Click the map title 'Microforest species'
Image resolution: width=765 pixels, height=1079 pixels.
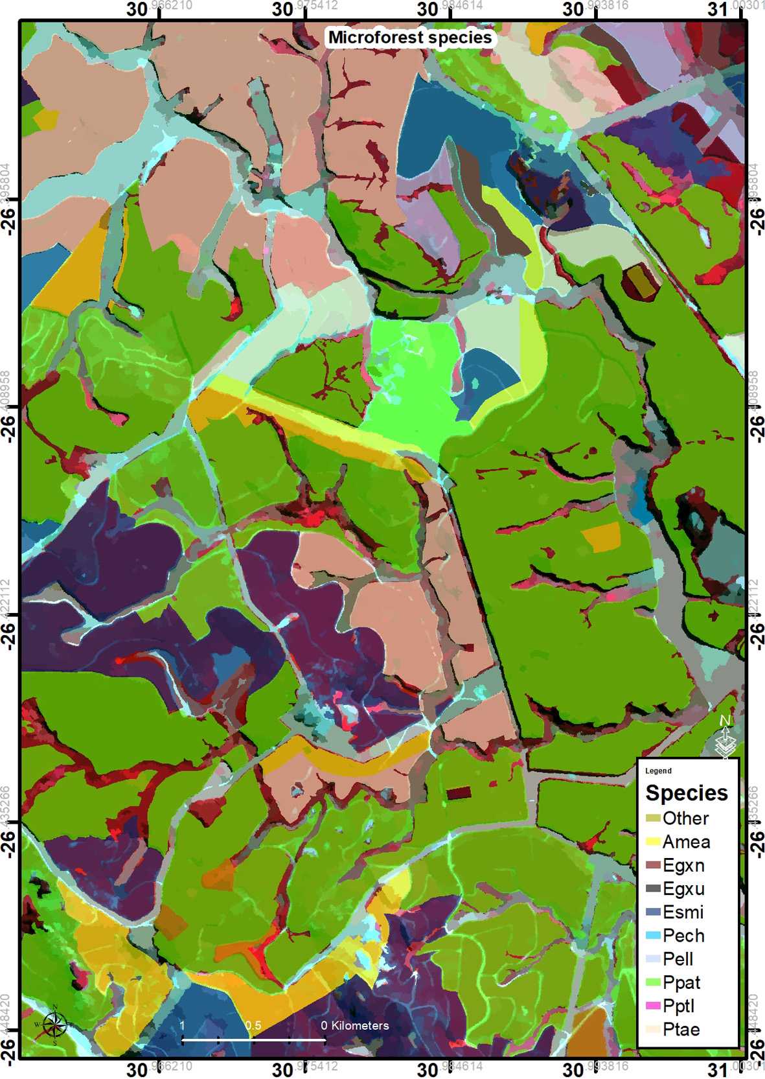tap(409, 38)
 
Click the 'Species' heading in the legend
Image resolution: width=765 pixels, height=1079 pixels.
tap(687, 793)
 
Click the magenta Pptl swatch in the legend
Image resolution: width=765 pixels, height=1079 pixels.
tap(653, 1006)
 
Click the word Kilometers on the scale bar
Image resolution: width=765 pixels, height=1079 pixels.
tap(360, 1025)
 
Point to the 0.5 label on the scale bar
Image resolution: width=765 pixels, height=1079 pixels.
tap(253, 1025)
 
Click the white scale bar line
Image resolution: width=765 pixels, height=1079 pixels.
tap(253, 1039)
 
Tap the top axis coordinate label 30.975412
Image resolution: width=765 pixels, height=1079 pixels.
tap(304, 8)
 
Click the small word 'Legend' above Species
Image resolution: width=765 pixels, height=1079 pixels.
tap(658, 771)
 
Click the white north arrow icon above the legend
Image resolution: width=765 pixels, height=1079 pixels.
tap(725, 737)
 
